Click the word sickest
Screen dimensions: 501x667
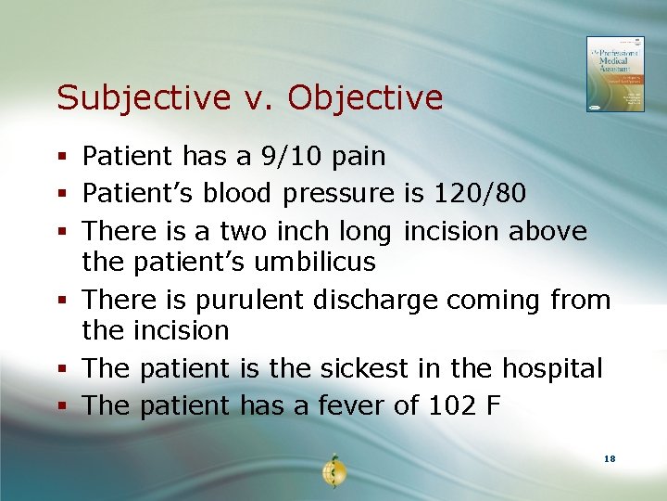pos(364,368)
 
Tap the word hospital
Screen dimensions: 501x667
pos(552,368)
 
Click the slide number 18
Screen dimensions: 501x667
pos(610,459)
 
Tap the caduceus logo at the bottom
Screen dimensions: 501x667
pos(333,470)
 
